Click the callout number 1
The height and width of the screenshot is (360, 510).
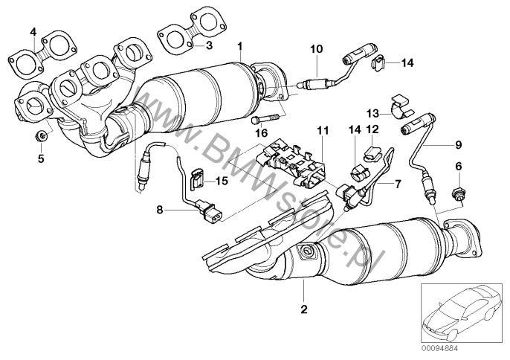point(240,46)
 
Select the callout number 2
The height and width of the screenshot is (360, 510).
point(303,308)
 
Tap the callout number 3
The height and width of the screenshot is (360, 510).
point(209,45)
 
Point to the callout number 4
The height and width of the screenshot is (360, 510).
point(33,31)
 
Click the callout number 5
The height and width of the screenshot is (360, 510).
point(41,158)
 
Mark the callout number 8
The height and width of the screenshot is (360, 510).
point(159,210)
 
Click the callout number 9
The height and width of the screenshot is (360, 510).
point(458,144)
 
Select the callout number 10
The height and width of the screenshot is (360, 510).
point(316,49)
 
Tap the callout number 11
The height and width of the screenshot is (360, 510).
point(321,131)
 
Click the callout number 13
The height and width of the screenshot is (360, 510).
point(372,113)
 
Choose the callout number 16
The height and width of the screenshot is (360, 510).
point(260,132)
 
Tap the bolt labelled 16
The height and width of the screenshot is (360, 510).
point(267,118)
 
